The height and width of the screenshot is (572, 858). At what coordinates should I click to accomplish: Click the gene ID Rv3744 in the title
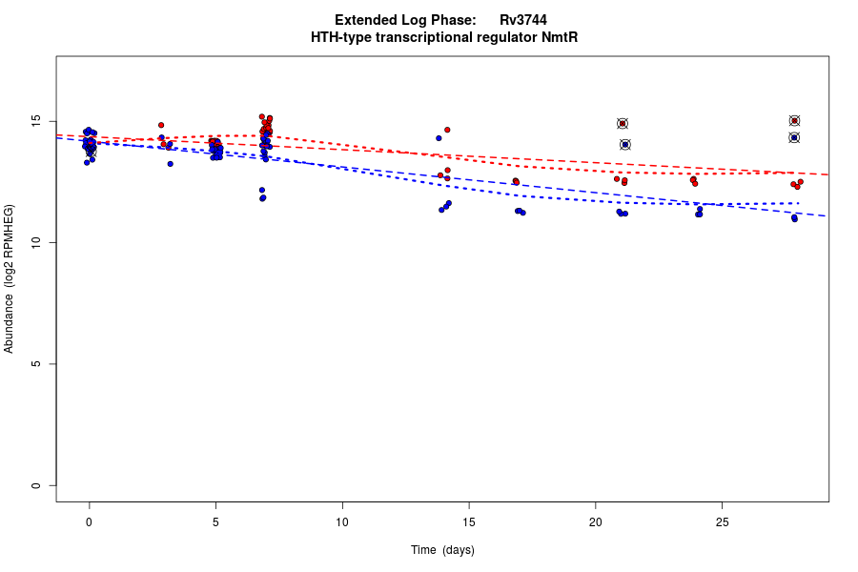522,20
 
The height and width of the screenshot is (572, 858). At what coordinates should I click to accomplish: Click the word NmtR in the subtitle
560,37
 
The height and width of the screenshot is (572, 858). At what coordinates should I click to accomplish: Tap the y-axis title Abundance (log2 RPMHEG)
10,278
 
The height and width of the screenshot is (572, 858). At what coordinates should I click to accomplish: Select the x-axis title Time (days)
442,550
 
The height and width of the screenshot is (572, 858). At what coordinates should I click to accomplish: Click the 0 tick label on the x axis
89,522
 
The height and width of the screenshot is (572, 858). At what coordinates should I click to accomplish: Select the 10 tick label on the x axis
342,522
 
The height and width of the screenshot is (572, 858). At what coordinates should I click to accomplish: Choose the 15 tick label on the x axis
469,522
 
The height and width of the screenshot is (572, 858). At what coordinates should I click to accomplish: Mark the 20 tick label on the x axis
595,522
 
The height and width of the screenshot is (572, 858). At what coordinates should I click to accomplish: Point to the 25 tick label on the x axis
722,522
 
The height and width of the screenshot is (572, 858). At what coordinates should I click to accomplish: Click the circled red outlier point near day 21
623,123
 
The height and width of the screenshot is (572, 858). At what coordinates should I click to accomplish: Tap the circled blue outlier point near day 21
625,145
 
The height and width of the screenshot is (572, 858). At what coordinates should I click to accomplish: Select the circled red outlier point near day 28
794,120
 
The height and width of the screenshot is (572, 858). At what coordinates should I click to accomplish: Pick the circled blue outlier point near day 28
794,137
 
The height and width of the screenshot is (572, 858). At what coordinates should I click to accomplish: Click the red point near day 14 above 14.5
447,130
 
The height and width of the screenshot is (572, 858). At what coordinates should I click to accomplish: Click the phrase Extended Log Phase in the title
405,20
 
